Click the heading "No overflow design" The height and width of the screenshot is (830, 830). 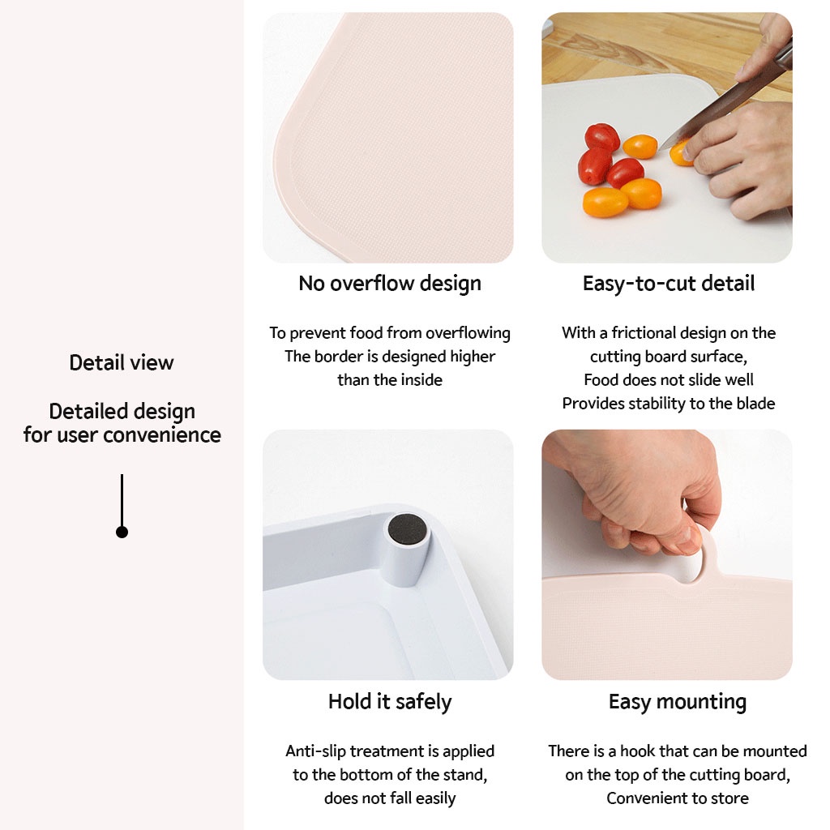pos(390,283)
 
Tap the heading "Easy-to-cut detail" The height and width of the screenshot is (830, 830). pos(669,284)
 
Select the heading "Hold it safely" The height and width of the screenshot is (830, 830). pos(390,702)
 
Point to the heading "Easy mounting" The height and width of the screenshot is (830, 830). pos(678,702)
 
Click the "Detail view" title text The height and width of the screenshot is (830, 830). pos(122,362)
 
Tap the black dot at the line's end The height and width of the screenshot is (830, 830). pos(122,532)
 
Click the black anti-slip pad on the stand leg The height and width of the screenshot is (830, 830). pos(407,529)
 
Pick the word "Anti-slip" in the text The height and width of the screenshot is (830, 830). pos(316,751)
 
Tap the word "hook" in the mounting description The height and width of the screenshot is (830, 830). pos(637,751)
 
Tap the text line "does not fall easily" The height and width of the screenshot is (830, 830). pos(390,798)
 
